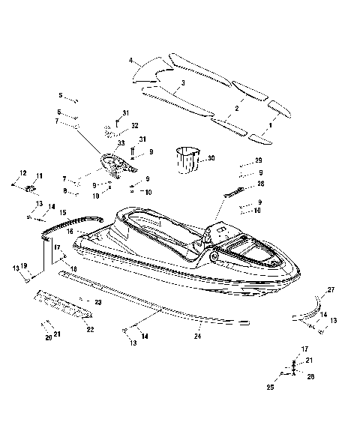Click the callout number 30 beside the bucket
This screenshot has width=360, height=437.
tap(211, 158)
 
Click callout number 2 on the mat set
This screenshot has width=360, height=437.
tap(236, 109)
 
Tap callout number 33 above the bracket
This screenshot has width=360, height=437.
tap(121, 142)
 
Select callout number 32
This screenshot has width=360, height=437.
tap(135, 125)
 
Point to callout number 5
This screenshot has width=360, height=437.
tap(61, 96)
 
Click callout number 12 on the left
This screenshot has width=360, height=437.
tap(23, 173)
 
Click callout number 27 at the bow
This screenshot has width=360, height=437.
tap(331, 289)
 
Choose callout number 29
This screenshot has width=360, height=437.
tap(259, 161)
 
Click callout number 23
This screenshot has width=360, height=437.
tap(97, 302)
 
